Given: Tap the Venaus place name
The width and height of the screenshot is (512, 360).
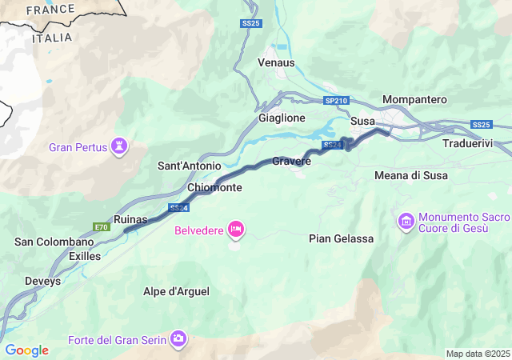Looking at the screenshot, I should tap(276, 62).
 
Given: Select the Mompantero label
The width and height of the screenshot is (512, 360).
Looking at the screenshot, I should tap(414, 99).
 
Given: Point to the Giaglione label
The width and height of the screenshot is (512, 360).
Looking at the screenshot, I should tap(282, 118).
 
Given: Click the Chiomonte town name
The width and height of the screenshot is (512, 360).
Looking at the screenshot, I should tap(214, 187).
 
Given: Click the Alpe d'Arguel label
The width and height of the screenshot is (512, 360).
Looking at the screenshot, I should tap(176, 292).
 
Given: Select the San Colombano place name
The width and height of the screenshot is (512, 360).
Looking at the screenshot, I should tap(54, 242).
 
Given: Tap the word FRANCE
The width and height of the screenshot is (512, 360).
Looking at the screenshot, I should tap(50, 10).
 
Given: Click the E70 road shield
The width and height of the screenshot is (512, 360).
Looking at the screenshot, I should tap(101, 227).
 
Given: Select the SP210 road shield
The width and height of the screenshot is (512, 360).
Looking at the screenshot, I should tap(337, 101).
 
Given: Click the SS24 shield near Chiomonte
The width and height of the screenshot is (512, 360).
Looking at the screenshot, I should tap(179, 208).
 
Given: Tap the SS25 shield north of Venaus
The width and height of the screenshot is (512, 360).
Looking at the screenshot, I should tap(251, 24).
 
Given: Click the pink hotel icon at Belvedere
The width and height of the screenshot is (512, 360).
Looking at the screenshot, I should tap(236, 230).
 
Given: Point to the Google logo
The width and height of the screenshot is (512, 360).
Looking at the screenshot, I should tap(26, 350).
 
